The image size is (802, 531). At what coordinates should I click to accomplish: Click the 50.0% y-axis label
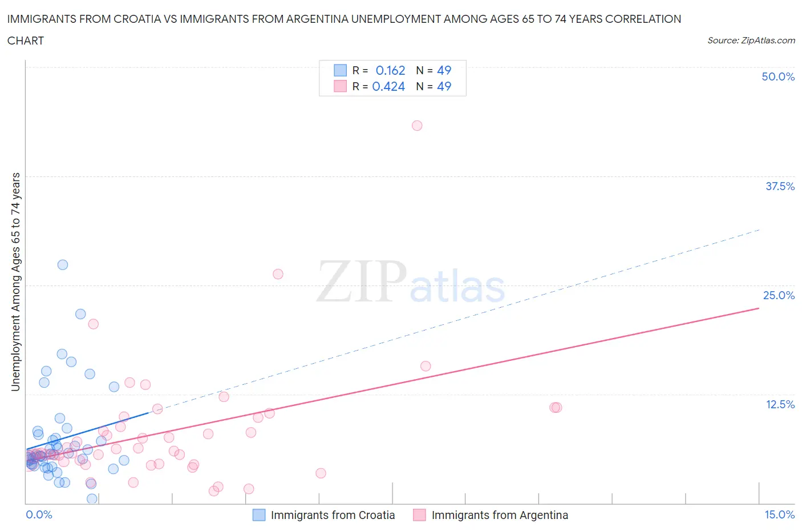click(x=778, y=77)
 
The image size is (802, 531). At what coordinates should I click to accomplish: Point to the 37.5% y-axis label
click(x=780, y=186)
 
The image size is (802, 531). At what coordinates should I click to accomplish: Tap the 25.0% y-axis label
click(x=779, y=295)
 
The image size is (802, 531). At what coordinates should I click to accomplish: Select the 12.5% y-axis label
click(x=780, y=404)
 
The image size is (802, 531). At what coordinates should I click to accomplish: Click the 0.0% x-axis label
click(x=39, y=514)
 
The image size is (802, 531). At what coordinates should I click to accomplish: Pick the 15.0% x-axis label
click(x=779, y=514)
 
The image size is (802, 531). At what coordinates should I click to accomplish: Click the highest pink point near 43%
click(x=417, y=126)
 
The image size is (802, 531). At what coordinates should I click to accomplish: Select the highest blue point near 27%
click(x=63, y=265)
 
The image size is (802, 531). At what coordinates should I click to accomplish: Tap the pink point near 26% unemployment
click(x=278, y=274)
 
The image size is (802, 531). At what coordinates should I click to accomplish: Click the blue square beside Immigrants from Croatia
click(x=259, y=515)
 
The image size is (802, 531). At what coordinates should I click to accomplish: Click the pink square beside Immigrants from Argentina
click(x=420, y=515)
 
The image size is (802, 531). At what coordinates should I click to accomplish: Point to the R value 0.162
click(x=390, y=70)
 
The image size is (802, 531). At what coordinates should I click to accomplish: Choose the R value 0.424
click(x=388, y=86)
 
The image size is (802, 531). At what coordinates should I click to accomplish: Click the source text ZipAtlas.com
click(x=768, y=41)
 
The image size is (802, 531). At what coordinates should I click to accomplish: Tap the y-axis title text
click(x=15, y=281)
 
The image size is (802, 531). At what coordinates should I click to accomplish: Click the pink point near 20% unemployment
click(x=94, y=324)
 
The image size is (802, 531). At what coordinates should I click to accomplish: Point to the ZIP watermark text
click(x=361, y=281)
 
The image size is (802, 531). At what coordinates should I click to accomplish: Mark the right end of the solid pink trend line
click(x=759, y=308)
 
